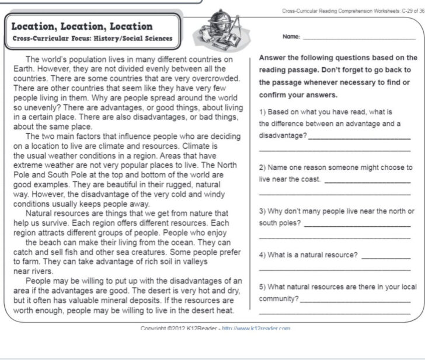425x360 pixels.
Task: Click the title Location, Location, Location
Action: pyautogui.click(x=82, y=26)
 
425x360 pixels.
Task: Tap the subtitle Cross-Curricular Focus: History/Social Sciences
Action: pyautogui.click(x=92, y=39)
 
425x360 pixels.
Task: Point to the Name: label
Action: pyautogui.click(x=291, y=36)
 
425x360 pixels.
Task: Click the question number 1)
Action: pyautogui.click(x=262, y=112)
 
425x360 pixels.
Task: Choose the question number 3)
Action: pyautogui.click(x=262, y=211)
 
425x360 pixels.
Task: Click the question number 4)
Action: pyautogui.click(x=262, y=255)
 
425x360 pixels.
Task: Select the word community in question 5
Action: pyautogui.click(x=278, y=298)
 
